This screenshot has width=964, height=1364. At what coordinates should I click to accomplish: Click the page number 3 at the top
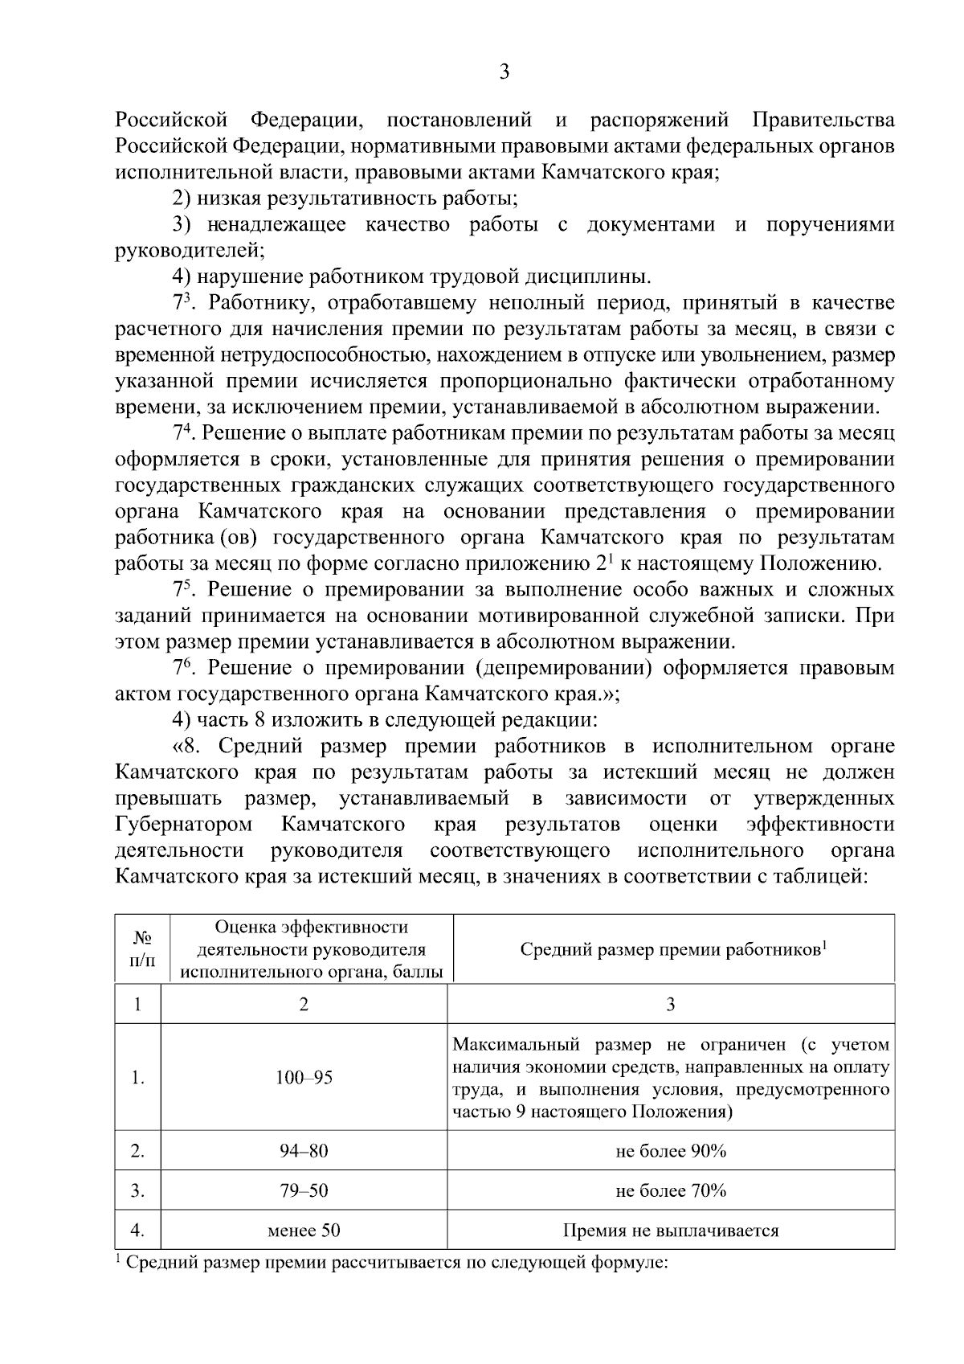tap(504, 73)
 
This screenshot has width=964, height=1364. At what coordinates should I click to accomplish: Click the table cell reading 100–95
tap(304, 1078)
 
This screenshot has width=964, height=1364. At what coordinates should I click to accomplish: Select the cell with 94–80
tap(304, 1151)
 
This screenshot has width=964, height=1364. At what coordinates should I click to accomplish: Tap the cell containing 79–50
tap(304, 1190)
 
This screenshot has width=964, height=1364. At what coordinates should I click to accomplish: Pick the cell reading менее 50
tap(304, 1230)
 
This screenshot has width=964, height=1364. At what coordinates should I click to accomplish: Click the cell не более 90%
tap(671, 1151)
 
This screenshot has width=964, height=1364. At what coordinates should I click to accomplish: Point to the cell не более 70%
tap(671, 1190)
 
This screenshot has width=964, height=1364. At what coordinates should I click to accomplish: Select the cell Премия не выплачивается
tap(671, 1230)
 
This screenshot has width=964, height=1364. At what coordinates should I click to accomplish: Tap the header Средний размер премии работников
tap(673, 949)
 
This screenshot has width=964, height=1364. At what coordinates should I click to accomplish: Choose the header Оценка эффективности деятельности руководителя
tap(312, 949)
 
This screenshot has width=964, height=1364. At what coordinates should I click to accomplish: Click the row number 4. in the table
tap(138, 1230)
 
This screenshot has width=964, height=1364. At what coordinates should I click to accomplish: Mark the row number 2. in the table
tap(138, 1151)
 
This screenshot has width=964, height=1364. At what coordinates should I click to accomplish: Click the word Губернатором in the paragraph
tap(184, 825)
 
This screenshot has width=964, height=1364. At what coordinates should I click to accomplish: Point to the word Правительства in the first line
tap(823, 121)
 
